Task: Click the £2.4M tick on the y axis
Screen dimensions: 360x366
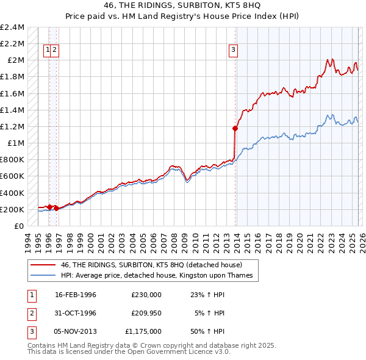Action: click(x=12, y=27)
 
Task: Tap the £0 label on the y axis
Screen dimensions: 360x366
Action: click(x=20, y=226)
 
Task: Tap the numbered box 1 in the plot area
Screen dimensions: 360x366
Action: click(x=47, y=51)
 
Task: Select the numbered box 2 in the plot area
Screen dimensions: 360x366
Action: click(x=55, y=51)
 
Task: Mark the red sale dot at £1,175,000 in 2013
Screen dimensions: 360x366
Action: click(x=235, y=128)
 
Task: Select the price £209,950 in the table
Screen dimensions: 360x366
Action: click(x=146, y=312)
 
